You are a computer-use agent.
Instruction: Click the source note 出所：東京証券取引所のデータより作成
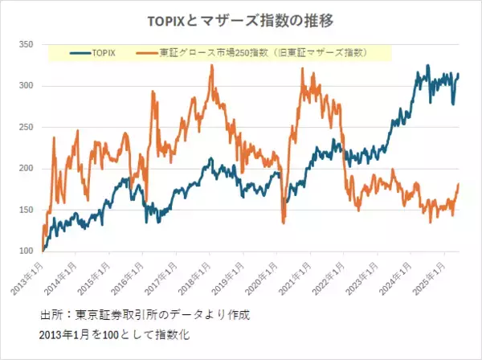pos(145,313)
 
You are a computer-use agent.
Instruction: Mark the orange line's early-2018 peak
pos(211,66)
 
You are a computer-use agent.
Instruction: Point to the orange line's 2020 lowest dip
pos(284,223)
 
